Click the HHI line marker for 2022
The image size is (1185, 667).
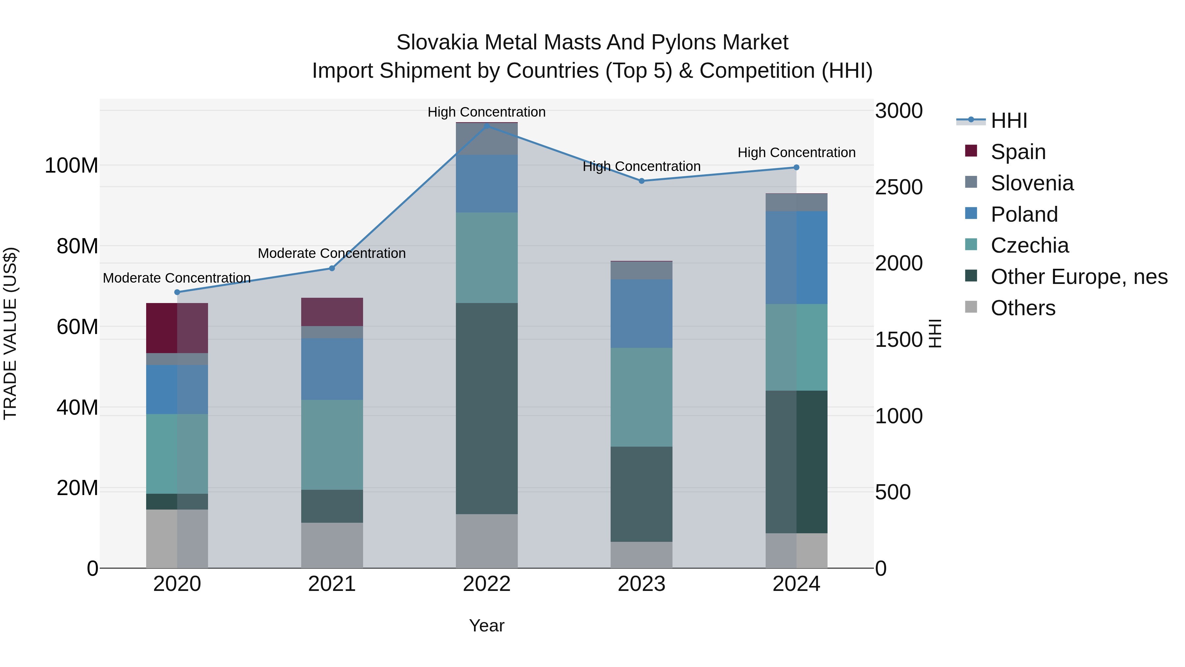tap(487, 126)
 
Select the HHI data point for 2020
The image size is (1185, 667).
tap(177, 292)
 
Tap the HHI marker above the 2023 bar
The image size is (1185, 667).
tap(642, 181)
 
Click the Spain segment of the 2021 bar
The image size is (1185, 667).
tap(332, 312)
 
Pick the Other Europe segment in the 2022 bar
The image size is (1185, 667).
tap(487, 408)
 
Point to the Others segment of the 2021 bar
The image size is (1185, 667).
tap(332, 545)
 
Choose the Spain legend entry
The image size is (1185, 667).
tap(1017, 152)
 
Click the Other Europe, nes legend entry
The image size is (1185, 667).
tap(1078, 277)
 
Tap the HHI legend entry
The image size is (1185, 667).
tap(1008, 121)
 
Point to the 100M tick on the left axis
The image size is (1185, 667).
tap(71, 166)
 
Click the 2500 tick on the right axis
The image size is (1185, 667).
tap(898, 187)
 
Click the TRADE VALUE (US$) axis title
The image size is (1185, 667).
tap(10, 333)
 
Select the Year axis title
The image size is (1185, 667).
tap(487, 625)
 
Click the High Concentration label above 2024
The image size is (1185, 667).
tap(796, 153)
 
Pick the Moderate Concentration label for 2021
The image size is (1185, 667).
tap(332, 253)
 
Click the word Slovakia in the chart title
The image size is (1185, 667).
tap(437, 42)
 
